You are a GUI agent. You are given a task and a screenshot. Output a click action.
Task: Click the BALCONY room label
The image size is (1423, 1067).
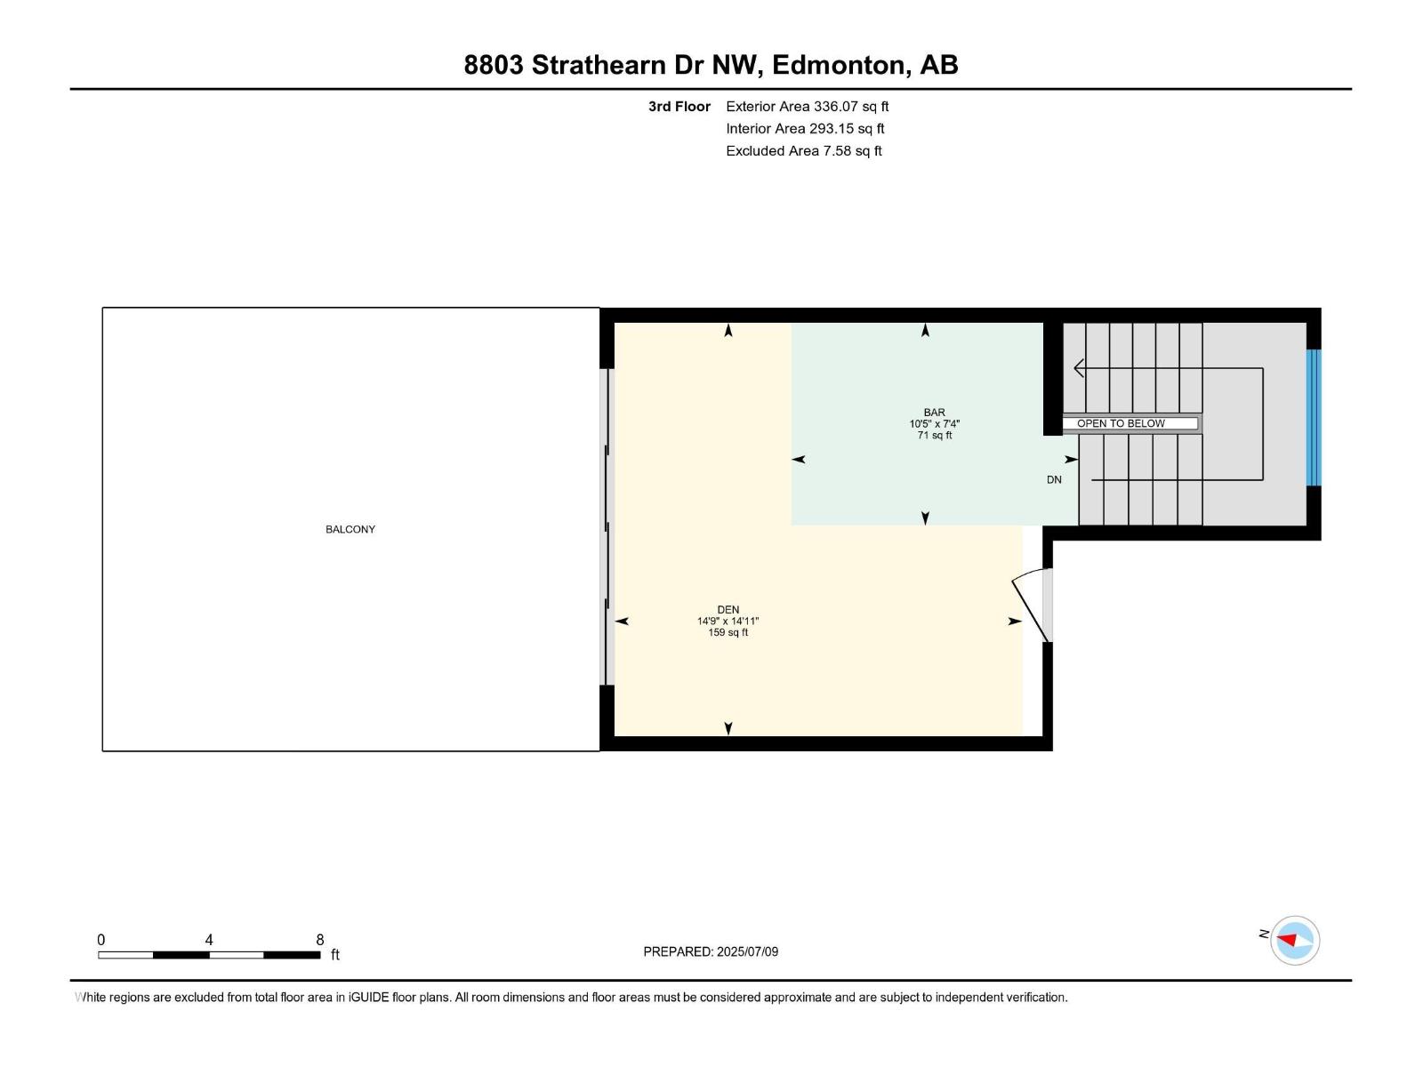(x=350, y=529)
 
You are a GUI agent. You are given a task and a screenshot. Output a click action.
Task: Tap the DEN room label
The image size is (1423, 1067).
(x=728, y=610)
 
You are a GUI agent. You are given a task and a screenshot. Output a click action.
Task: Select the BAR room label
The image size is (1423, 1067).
(x=934, y=413)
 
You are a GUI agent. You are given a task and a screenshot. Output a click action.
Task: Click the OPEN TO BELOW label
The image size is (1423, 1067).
(x=1121, y=423)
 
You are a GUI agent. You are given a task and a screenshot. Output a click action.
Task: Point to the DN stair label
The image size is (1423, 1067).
(x=1054, y=480)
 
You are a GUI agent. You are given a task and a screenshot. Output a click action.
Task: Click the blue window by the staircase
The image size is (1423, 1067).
(x=1314, y=418)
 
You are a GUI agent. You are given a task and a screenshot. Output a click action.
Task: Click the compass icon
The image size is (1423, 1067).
(x=1294, y=940)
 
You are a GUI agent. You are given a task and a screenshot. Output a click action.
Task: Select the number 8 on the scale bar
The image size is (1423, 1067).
(x=320, y=940)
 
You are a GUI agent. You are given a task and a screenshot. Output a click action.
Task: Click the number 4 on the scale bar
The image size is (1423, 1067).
(x=209, y=940)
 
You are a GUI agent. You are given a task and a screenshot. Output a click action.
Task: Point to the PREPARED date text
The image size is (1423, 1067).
(x=711, y=951)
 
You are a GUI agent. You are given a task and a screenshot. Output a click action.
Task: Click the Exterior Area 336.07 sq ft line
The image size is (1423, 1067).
(x=807, y=107)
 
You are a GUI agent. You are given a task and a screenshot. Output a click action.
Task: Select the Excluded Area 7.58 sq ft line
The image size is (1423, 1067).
(x=803, y=151)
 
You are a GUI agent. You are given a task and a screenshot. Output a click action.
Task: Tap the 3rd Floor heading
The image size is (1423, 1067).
(x=679, y=107)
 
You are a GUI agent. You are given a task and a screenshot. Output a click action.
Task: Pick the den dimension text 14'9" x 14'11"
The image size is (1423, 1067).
(x=728, y=622)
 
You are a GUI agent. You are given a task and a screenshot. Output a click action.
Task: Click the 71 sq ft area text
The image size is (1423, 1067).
(x=935, y=436)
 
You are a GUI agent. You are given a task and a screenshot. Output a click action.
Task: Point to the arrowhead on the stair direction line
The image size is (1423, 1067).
(x=1079, y=367)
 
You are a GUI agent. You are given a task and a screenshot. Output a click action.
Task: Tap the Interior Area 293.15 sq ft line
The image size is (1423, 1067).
(x=805, y=129)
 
